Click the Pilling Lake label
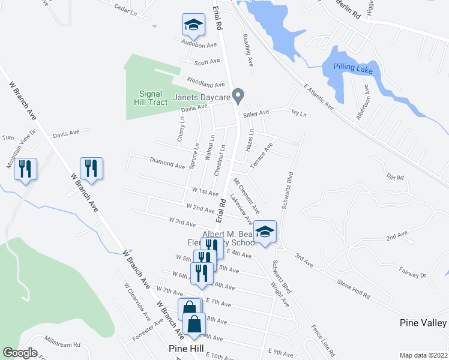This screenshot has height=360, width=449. point(354,71)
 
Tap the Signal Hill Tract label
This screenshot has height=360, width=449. point(149,98)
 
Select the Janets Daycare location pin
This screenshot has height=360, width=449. point(238,95)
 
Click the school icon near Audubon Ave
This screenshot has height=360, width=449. point(194,25)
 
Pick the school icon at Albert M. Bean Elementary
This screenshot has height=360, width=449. point(265,230)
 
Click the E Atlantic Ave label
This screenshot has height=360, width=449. point(319,96)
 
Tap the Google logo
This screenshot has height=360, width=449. point(20,353)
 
